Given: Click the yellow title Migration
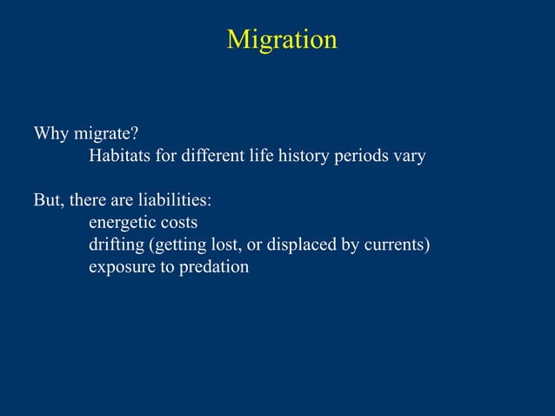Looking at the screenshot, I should [281, 40].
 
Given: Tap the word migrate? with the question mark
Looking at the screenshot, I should [105, 135].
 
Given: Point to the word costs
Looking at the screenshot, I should [178, 223].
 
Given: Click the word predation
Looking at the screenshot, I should [214, 267].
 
